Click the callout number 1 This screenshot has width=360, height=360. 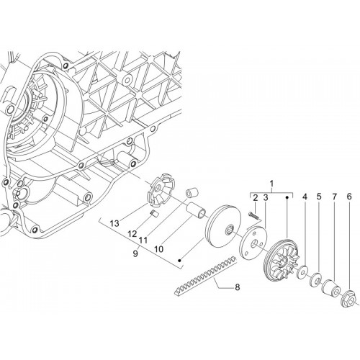click(271, 184)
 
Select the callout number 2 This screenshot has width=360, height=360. click(256, 198)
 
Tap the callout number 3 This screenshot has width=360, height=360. click(265, 198)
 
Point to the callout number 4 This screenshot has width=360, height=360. click(305, 197)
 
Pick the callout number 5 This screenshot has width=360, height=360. click(319, 197)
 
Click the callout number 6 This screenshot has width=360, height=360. click(349, 197)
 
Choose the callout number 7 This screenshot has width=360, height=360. click(334, 197)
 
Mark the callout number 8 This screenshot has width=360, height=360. click(238, 287)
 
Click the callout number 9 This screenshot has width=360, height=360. click(135, 253)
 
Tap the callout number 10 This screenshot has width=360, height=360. click(159, 249)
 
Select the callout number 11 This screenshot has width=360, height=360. click(143, 240)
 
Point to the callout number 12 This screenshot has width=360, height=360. click(132, 233)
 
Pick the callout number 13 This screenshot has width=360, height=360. click(114, 223)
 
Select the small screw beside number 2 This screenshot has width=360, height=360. click(252, 215)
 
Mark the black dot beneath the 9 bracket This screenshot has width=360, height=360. click(179, 261)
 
